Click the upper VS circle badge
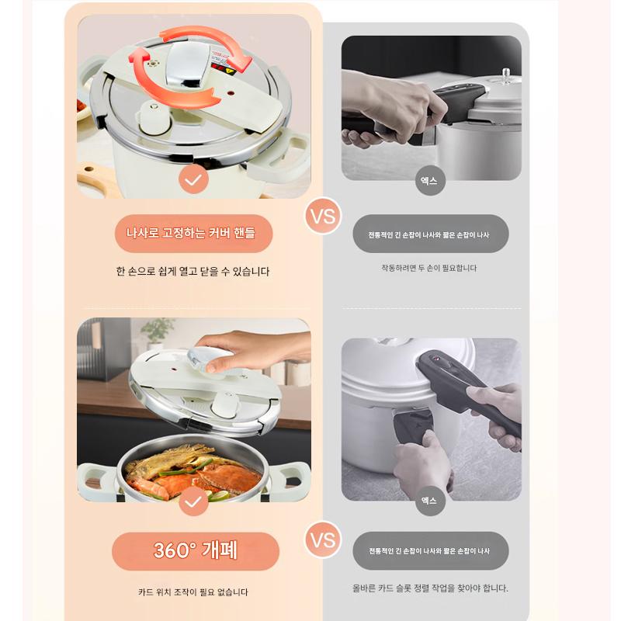[323, 216]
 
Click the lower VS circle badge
[323, 539]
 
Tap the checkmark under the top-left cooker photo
[193, 179]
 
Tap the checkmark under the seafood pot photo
[193, 501]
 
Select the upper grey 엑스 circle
[429, 181]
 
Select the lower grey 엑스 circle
[429, 501]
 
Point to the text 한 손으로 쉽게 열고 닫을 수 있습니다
[193, 271]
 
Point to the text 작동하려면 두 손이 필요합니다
[429, 268]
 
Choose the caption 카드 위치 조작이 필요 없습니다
[193, 592]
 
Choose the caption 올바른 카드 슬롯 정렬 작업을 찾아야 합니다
[430, 588]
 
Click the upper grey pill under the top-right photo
[431, 234]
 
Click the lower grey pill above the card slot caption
[431, 551]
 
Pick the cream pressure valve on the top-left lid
[152, 118]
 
